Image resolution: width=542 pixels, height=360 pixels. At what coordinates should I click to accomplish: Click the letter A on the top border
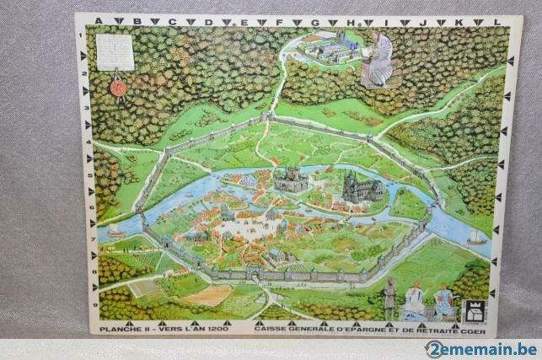pyautogui.click(x=99, y=21)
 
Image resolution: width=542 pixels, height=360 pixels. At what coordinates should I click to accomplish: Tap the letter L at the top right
pyautogui.click(x=497, y=22)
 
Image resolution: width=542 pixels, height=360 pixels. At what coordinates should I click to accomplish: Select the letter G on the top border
pyautogui.click(x=314, y=22)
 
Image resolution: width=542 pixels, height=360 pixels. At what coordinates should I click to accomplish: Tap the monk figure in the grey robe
pyautogui.click(x=378, y=60)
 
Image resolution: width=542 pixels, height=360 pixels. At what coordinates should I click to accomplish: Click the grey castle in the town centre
pyautogui.click(x=290, y=179)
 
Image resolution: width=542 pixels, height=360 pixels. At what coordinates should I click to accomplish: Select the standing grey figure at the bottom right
pyautogui.click(x=389, y=297)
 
